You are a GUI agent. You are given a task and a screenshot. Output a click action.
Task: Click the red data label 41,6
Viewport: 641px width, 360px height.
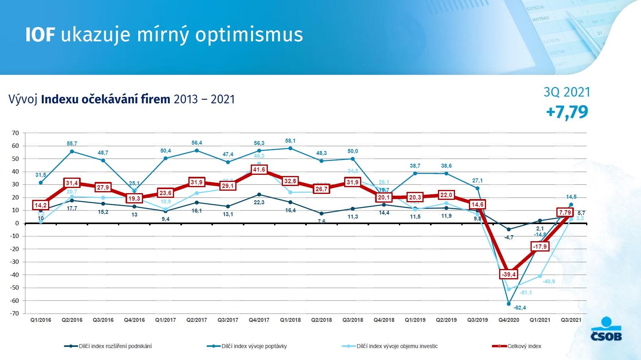pos(259,170)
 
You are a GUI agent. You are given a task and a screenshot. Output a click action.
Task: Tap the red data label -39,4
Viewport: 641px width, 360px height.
pos(509,275)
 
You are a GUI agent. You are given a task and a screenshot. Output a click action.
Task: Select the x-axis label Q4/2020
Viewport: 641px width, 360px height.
pos(509,320)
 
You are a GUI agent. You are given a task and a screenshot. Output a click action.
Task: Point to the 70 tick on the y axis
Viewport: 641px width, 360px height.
pos(15,133)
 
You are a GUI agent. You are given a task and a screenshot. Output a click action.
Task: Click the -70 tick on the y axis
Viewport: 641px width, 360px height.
pos(14,314)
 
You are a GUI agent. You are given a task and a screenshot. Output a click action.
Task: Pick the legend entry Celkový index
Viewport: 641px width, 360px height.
pos(524,346)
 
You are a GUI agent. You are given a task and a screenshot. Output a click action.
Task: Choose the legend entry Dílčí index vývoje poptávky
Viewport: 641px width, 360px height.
pos(254,346)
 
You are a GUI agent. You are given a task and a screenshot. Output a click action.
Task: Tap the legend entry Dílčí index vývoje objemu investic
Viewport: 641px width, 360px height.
pos(397,346)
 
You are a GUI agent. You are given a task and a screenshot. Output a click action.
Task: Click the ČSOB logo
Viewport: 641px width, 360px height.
pos(606,329)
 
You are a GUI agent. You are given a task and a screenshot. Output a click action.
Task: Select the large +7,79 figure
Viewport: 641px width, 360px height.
pos(567,112)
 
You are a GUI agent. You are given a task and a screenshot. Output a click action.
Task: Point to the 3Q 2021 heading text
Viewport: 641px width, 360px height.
pos(567,92)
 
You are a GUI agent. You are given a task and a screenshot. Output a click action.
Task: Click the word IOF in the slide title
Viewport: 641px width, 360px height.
pos(40,35)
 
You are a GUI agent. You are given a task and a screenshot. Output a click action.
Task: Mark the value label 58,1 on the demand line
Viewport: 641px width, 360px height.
pos(290,141)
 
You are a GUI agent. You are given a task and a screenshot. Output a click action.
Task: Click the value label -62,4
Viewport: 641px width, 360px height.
pos(520,308)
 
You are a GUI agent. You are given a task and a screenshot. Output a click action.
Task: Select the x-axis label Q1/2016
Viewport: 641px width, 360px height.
pos(41,320)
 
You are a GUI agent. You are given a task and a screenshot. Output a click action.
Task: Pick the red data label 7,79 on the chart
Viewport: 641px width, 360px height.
pos(565,213)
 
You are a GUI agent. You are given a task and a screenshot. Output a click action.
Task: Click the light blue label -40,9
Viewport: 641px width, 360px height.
pos(549,282)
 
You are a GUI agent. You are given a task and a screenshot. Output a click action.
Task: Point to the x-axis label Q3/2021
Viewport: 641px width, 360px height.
pos(571,320)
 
